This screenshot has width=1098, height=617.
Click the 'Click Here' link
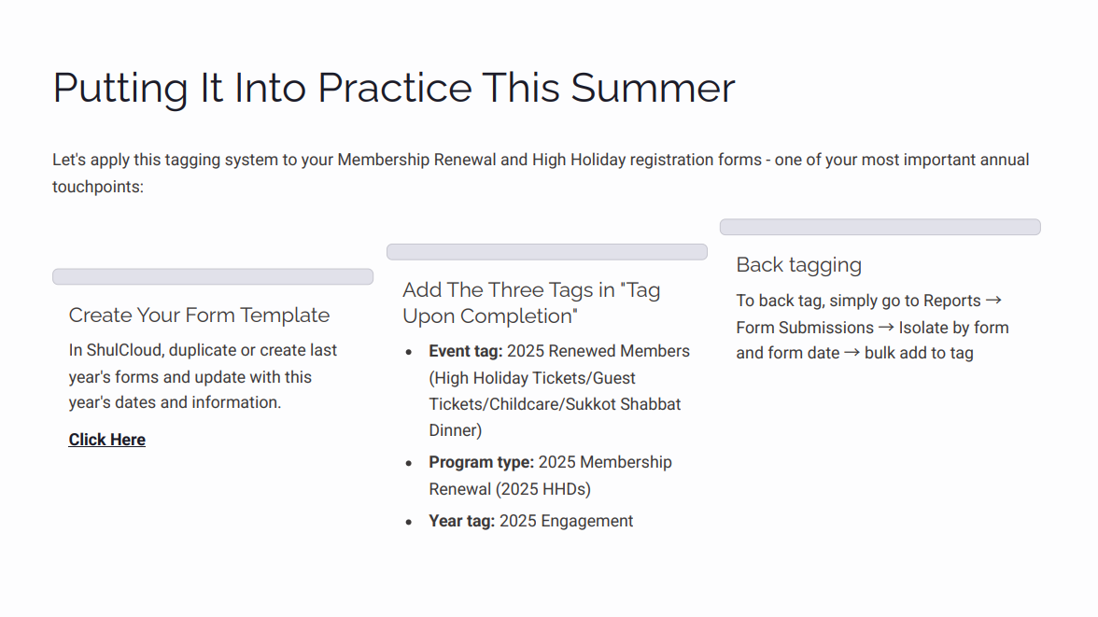coord(106,440)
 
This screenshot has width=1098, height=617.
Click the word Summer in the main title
coord(653,88)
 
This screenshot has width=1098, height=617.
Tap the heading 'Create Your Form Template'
coord(199,316)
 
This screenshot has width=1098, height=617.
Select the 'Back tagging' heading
coord(798,265)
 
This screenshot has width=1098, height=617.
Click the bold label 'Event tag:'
coord(466,352)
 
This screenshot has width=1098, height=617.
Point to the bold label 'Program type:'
coord(481,463)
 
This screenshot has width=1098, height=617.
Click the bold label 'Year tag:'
coord(461,522)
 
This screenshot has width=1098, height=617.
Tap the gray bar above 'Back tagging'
coord(880,227)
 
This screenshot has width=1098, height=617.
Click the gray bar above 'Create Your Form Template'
coord(213,277)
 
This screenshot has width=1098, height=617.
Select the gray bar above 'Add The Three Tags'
coord(546,252)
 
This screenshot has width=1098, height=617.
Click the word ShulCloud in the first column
coord(126,351)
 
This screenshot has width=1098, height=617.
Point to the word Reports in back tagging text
coord(951,301)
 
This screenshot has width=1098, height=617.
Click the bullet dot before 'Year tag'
coord(409,523)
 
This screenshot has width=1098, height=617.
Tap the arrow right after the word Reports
coord(993,301)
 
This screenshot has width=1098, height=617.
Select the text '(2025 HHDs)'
coord(542,489)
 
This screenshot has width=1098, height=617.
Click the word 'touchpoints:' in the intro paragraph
coord(98,187)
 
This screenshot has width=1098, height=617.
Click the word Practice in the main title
coord(394,88)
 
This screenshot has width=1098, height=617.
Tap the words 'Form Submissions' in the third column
coord(805,328)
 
